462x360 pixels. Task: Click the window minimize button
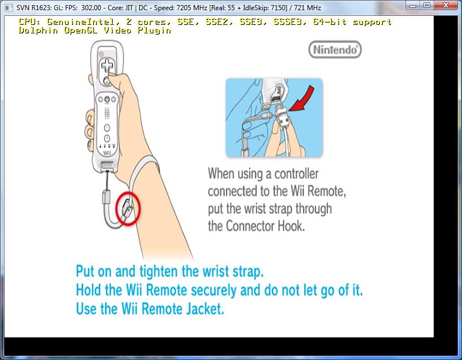click(412, 6)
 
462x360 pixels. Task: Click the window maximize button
click(427, 6)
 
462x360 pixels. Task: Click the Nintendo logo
click(335, 50)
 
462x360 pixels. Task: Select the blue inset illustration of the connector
click(274, 118)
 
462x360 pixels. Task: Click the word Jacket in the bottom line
click(203, 310)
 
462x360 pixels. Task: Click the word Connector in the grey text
click(254, 226)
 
